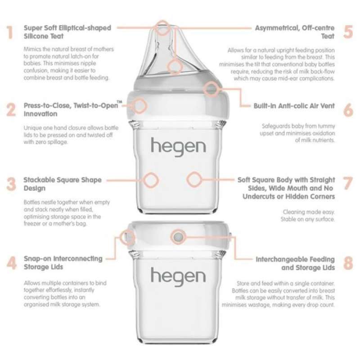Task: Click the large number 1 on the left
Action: click(10, 32)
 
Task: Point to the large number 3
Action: click(11, 184)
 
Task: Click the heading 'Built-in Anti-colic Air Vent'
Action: click(294, 106)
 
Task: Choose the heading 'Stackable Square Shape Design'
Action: click(63, 184)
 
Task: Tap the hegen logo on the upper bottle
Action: click(178, 146)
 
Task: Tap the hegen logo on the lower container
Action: click(178, 275)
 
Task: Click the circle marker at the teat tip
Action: click(163, 27)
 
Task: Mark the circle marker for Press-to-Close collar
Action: click(140, 106)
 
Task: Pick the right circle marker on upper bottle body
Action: click(193, 179)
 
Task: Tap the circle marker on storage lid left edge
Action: click(128, 236)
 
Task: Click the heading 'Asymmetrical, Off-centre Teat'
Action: click(295, 31)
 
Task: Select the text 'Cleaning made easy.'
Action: click(309, 212)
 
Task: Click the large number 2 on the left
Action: click(11, 110)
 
